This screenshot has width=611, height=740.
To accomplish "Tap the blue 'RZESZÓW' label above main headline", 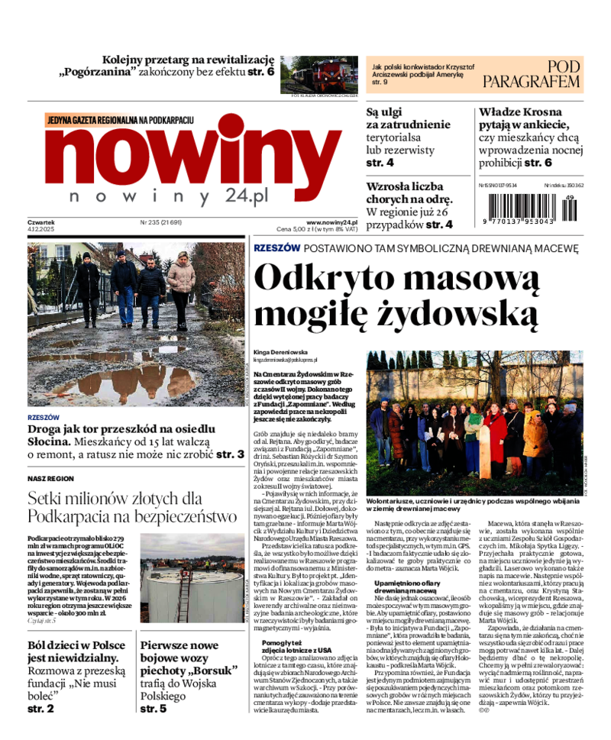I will click(x=276, y=249).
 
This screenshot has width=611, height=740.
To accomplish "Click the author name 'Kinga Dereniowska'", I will click(x=280, y=352).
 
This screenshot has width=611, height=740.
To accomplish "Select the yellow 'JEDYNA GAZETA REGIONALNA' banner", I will click(x=120, y=121).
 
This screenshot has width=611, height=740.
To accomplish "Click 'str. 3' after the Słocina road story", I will click(x=228, y=454).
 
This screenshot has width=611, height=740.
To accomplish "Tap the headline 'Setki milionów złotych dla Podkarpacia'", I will click(x=131, y=508).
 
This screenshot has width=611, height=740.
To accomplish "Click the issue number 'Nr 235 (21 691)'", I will click(x=161, y=223).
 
